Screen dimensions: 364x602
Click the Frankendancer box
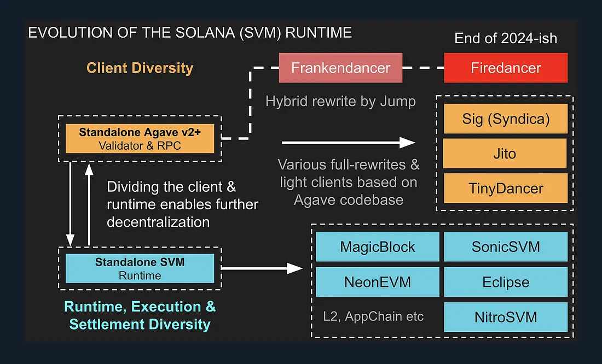(x=340, y=68)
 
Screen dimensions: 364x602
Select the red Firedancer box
(x=506, y=68)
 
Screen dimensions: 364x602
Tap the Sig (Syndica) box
(x=506, y=119)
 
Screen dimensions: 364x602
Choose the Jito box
(x=506, y=154)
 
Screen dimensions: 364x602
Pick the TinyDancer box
(x=506, y=189)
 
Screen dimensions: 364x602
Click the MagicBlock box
(x=378, y=246)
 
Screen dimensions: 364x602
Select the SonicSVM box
(x=506, y=246)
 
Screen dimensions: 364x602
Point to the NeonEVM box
(x=378, y=282)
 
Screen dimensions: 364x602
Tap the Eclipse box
(x=506, y=282)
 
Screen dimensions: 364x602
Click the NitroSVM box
(x=506, y=317)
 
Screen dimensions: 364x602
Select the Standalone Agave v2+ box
(x=140, y=138)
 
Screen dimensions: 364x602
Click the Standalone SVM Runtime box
(x=140, y=268)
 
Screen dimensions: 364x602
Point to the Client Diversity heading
(x=140, y=68)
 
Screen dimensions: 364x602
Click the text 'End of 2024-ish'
(x=506, y=39)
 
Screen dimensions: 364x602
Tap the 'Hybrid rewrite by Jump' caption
(x=340, y=101)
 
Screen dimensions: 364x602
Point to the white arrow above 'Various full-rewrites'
(x=348, y=143)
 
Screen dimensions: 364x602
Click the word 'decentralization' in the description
(x=158, y=222)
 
